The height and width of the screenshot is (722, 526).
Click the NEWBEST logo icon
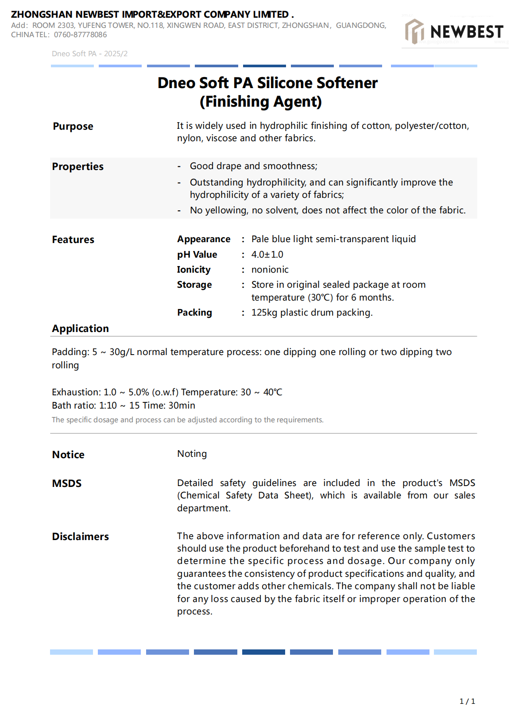pos(415,31)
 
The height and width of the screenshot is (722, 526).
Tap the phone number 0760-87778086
pos(80,35)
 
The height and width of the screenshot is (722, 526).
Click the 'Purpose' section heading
pos(73,127)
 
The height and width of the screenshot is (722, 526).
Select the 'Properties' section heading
pos(77,167)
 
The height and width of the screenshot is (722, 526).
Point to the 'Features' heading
pos(73,240)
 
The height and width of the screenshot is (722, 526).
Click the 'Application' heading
pos(80,329)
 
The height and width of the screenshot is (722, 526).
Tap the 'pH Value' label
pos(197,255)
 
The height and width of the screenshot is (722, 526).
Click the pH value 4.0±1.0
pos(267,255)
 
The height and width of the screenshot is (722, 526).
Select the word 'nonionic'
pos(270,270)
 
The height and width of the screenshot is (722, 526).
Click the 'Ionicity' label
pos(193,270)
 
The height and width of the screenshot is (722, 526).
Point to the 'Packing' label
pos(194,313)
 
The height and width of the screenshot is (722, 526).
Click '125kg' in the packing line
pos(264,313)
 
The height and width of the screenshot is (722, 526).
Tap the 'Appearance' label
pos(204,239)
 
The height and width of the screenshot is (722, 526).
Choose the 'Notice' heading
pos(68,455)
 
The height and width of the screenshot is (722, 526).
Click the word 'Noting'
pos(192,454)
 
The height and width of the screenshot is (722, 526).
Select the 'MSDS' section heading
pos(67,483)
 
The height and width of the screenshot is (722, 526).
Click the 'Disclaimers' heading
pos(80,537)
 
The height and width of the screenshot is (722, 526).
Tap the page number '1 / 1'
pos(467,701)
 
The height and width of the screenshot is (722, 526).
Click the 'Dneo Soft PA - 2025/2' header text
pos(89,54)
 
